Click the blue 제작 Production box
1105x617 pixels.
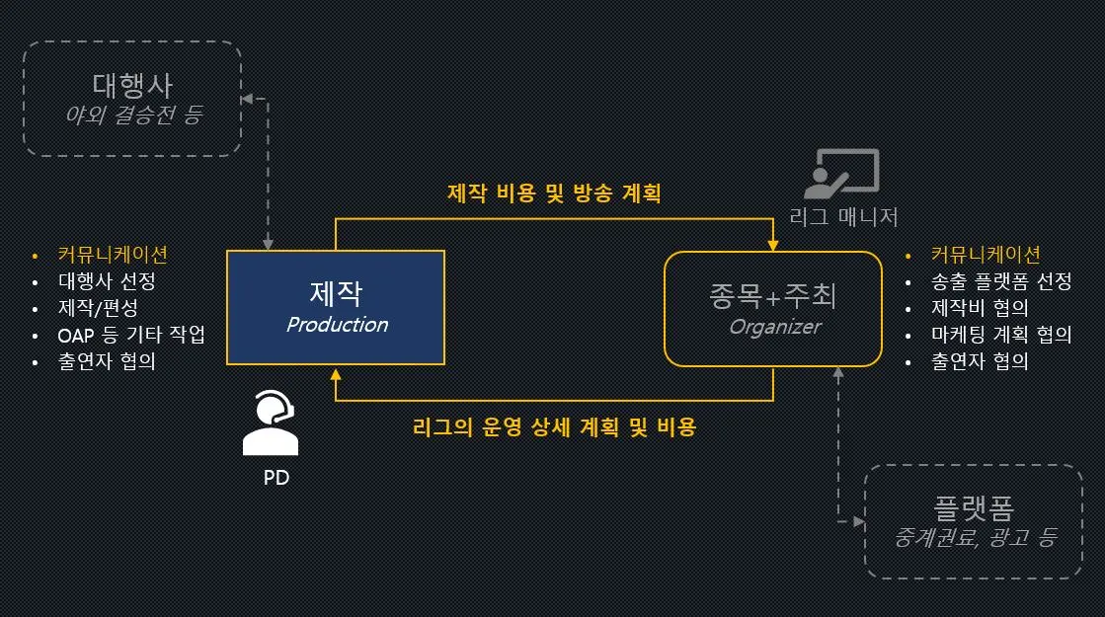(336, 308)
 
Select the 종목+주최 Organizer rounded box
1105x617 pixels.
(773, 308)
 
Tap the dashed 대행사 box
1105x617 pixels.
(132, 98)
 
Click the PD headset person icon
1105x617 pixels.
(270, 424)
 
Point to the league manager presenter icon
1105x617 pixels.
(841, 174)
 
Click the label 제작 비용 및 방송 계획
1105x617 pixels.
(553, 193)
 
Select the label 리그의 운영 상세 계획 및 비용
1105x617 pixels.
(554, 426)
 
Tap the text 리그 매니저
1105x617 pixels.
(843, 216)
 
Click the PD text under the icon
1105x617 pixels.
(276, 478)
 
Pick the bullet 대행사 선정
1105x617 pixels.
(107, 280)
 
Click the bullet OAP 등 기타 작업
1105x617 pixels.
(130, 334)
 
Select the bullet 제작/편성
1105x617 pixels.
(98, 307)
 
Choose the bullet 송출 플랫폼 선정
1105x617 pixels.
(1000, 280)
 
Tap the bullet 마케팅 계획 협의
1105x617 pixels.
(1000, 334)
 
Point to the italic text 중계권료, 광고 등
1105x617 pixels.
(974, 537)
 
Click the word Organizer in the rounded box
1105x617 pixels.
(774, 326)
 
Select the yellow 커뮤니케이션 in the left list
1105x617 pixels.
(113, 254)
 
